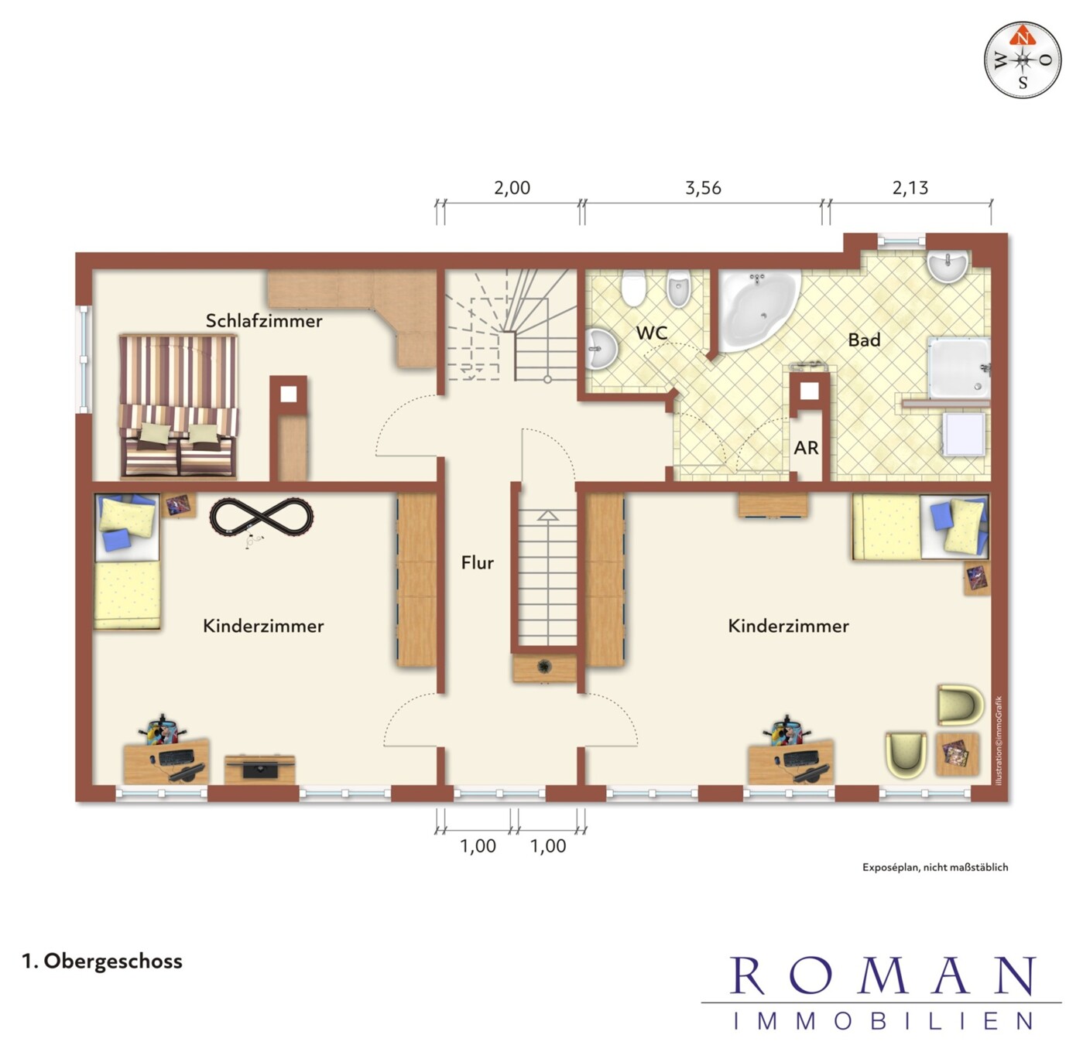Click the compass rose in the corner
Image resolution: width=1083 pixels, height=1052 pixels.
click(x=1023, y=60)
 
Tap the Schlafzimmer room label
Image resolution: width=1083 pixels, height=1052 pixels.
click(x=264, y=321)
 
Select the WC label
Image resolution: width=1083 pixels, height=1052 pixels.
click(x=652, y=333)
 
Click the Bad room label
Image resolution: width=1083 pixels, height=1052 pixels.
click(x=864, y=340)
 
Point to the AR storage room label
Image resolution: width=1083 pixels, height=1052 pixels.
click(x=807, y=448)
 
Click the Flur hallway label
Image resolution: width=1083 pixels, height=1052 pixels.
click(x=478, y=562)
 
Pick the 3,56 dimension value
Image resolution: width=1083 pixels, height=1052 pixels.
click(x=703, y=188)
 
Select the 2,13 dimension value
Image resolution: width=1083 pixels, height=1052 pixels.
click(x=910, y=188)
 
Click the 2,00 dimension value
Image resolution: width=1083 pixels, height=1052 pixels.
click(x=512, y=188)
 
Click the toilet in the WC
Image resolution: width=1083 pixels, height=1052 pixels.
click(x=632, y=288)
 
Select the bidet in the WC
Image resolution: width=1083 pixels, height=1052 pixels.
click(x=678, y=289)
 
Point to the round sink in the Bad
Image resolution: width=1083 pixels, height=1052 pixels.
click(x=948, y=267)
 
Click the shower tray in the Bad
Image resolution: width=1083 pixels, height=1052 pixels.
click(x=958, y=367)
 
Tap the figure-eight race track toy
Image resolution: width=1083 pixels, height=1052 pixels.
click(x=262, y=517)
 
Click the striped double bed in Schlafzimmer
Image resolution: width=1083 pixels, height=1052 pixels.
click(x=178, y=406)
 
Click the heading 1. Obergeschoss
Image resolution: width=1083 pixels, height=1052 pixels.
click(x=102, y=961)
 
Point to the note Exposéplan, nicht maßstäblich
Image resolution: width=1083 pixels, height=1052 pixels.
click(x=935, y=867)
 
